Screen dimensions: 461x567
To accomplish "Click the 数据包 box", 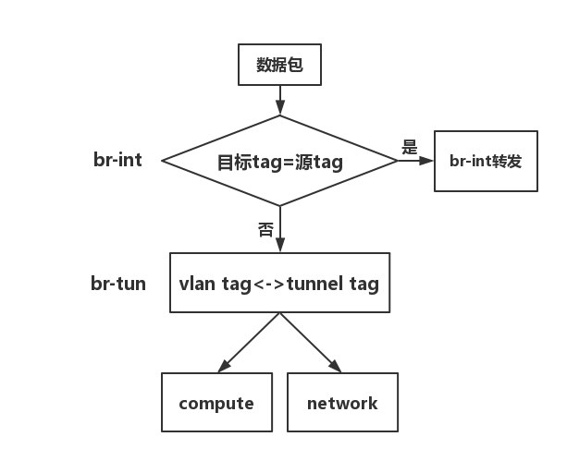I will (x=279, y=66).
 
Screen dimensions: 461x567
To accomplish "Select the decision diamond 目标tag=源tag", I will (x=279, y=161).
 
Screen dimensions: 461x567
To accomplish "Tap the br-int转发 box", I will (x=486, y=161).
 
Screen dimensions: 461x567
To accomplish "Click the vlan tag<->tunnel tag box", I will (x=279, y=284).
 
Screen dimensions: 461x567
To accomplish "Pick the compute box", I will (x=216, y=403).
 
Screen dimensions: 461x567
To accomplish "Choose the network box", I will (x=342, y=403).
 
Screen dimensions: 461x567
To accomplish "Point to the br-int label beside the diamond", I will (x=117, y=160).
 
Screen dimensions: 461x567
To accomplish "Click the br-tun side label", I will (x=118, y=283).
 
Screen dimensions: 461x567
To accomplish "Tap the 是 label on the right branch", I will (x=410, y=148).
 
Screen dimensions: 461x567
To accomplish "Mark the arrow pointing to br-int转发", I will (x=415, y=161).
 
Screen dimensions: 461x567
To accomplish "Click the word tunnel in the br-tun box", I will (x=314, y=284).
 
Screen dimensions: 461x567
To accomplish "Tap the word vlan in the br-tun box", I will (x=198, y=284).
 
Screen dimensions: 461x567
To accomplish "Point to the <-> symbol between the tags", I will (x=269, y=284).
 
